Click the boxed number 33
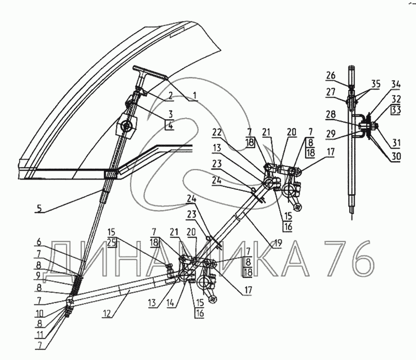pos(397,110)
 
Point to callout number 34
pos(396,83)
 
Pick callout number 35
pos(375,83)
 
